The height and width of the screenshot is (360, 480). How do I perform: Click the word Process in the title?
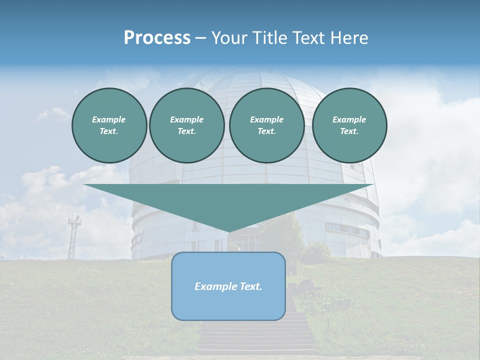[157, 38]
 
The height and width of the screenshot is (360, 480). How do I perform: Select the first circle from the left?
[109, 125]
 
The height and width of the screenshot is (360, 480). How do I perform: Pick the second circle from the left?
[186, 125]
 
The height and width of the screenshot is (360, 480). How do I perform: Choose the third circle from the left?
[266, 125]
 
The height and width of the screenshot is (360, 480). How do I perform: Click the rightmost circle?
[349, 125]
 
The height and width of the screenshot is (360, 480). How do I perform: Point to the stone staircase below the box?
[257, 335]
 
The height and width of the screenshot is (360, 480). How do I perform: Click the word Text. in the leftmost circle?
[109, 131]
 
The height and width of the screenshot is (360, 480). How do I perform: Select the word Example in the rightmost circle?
[349, 119]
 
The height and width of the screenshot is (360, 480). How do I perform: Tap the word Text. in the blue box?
[249, 286]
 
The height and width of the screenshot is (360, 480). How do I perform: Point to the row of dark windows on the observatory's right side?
[348, 229]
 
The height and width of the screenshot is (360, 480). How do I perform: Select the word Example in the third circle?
[266, 119]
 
